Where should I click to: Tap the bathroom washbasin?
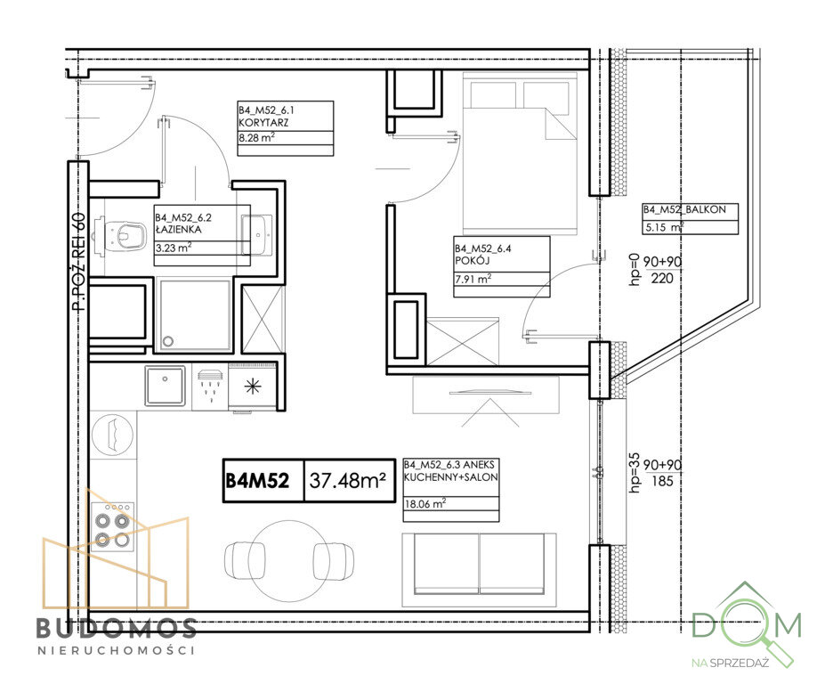(x=257, y=234)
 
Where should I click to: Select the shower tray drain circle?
(x=168, y=341)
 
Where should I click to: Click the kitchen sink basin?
(x=165, y=386)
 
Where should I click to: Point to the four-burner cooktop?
(x=112, y=527)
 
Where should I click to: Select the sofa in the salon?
(x=479, y=570)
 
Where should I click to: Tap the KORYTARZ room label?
(x=263, y=123)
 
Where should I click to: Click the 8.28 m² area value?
(x=256, y=138)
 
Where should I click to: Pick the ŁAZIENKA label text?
(x=178, y=230)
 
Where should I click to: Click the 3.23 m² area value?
(x=174, y=248)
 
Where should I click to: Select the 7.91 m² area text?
(x=473, y=279)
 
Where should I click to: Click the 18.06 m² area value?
(x=425, y=503)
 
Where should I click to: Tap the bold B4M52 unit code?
(x=257, y=480)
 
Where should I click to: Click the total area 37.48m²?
(x=348, y=480)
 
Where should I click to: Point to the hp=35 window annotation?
(x=635, y=472)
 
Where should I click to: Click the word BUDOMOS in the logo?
(x=117, y=628)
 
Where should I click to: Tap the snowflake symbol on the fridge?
(x=253, y=387)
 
